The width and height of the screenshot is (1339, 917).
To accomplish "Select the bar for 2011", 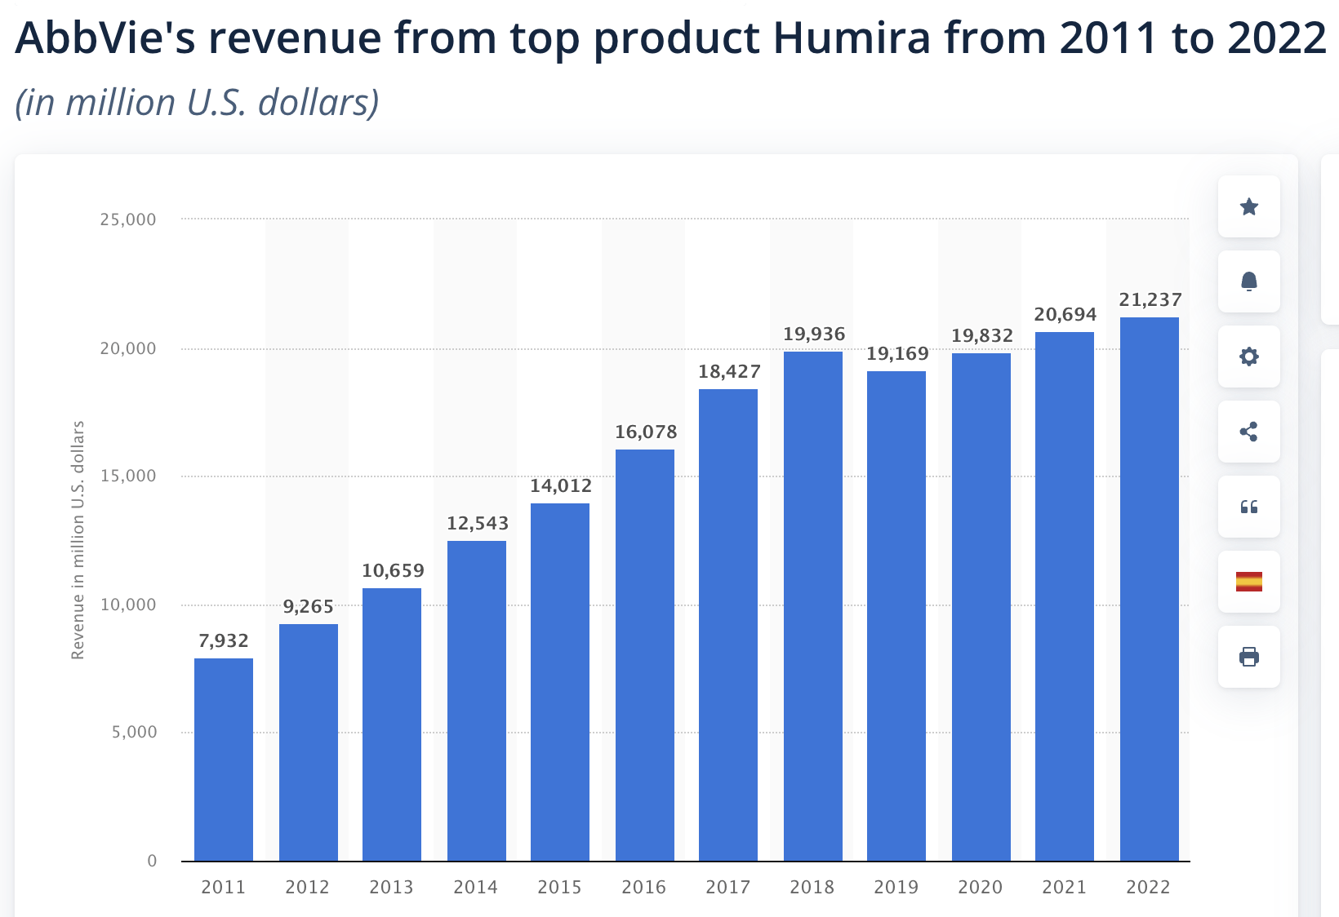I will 224,759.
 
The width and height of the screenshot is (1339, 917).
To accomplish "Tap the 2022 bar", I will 1150,588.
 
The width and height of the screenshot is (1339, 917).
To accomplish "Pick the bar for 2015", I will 560,681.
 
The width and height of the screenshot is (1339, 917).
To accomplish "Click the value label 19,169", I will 897,354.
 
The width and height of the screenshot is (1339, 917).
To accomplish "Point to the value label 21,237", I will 1150,300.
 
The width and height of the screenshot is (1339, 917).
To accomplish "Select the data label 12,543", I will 478,524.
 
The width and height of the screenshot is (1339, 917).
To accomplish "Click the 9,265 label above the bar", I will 309,607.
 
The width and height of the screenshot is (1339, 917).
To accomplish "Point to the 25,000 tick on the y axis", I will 128,219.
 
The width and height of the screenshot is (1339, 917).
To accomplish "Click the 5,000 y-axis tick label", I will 135,733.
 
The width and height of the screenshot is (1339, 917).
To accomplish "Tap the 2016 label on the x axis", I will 644,887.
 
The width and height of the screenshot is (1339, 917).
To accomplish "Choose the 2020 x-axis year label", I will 981,887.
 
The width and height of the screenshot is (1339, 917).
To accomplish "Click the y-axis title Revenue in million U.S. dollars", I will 78,540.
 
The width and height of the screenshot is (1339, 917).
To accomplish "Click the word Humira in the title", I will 852,38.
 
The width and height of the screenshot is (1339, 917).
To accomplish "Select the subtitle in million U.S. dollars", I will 198,103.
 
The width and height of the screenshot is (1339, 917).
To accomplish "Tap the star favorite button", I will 1248,206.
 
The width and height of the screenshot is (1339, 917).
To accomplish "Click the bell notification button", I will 1248,281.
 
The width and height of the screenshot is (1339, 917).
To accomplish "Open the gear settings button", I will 1248,357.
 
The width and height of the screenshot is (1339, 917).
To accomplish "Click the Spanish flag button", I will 1248,582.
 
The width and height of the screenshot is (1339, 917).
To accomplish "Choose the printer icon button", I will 1248,657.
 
